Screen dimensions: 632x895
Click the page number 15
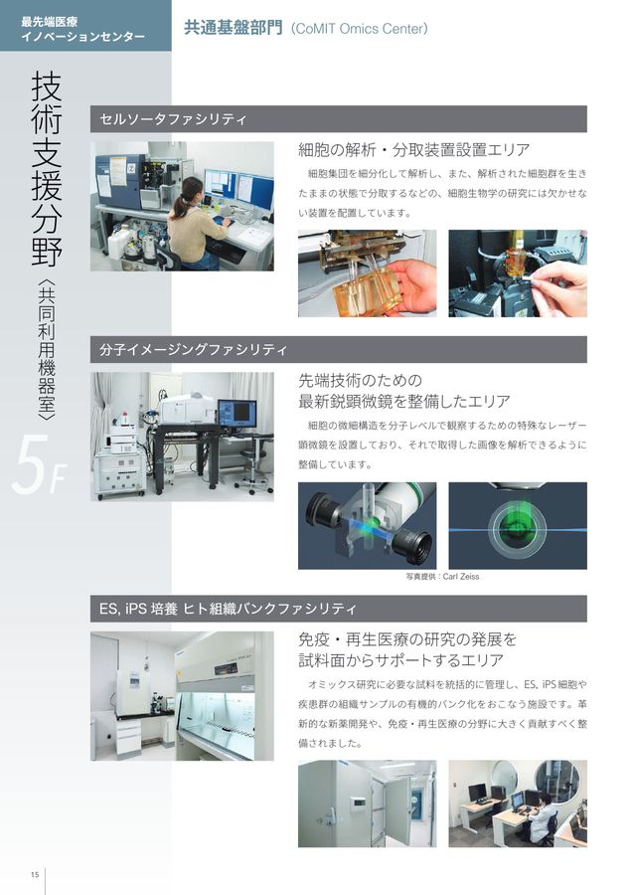pyautogui.click(x=35, y=874)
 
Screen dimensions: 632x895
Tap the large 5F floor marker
pyautogui.click(x=38, y=464)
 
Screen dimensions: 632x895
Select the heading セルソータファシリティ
pyautogui.click(x=173, y=119)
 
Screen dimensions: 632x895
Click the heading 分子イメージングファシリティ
pyautogui.click(x=193, y=349)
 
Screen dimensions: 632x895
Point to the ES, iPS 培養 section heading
pyautogui.click(x=228, y=609)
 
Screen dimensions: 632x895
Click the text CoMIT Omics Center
pyautogui.click(x=360, y=29)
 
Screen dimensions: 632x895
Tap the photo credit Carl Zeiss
pyautogui.click(x=442, y=577)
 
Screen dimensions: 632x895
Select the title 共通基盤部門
pyautogui.click(x=233, y=28)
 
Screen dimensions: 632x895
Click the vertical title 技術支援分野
pyautogui.click(x=47, y=168)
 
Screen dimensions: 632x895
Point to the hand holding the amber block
pyautogui.click(x=414, y=285)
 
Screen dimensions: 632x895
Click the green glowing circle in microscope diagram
pyautogui.click(x=518, y=526)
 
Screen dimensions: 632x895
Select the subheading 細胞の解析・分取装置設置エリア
pyautogui.click(x=414, y=150)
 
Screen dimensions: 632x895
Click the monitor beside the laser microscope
pyautogui.click(x=237, y=414)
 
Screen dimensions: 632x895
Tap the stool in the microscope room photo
pyautogui.click(x=252, y=471)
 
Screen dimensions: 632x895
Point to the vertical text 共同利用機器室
pyautogui.click(x=47, y=351)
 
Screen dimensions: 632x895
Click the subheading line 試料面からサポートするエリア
pyautogui.click(x=401, y=660)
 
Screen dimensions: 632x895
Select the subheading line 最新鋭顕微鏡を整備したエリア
pyautogui.click(x=403, y=402)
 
